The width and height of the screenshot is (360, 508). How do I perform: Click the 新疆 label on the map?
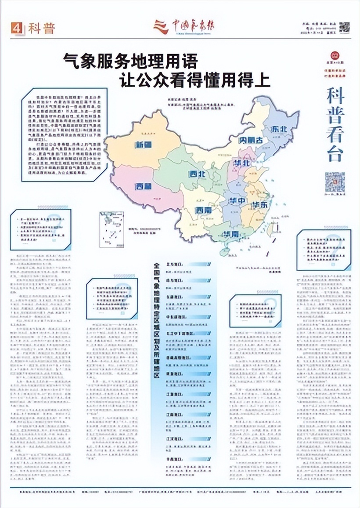144,144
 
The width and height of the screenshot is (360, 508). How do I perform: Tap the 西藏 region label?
144,186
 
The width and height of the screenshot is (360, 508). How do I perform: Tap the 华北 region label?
241,163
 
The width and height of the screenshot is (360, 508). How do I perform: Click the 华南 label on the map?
231,233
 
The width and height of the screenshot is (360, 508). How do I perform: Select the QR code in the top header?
345,27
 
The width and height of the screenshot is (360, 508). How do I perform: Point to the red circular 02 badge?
335,55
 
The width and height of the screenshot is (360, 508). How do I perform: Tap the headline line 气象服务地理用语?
130,60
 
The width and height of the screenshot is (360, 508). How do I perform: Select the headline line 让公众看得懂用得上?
195,80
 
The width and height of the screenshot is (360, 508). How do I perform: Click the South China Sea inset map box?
109,225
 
